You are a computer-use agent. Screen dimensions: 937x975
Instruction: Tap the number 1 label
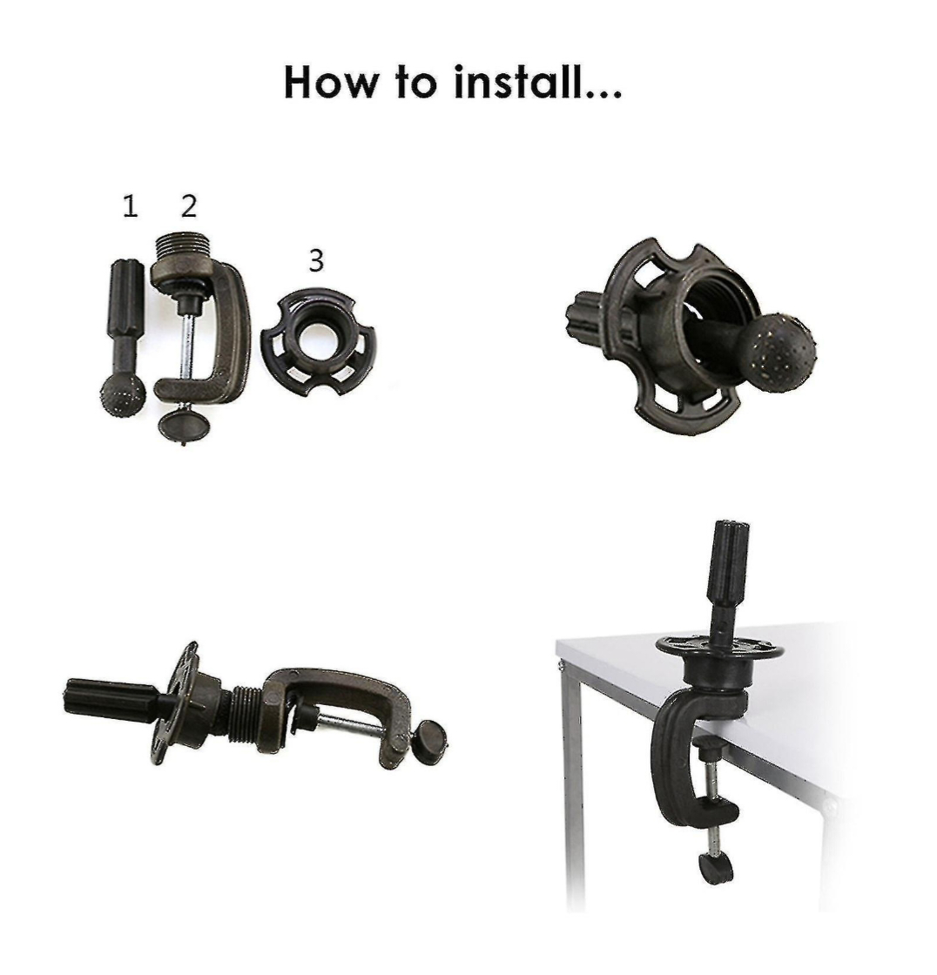coord(130,206)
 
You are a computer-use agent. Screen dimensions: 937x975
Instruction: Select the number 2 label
coord(189,205)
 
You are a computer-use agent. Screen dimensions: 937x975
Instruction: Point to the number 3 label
coord(316,260)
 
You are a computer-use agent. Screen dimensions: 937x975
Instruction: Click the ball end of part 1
coord(123,394)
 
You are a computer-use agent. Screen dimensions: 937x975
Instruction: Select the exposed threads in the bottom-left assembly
coord(246,713)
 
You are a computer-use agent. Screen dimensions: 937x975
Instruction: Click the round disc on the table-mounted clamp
coord(719,648)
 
